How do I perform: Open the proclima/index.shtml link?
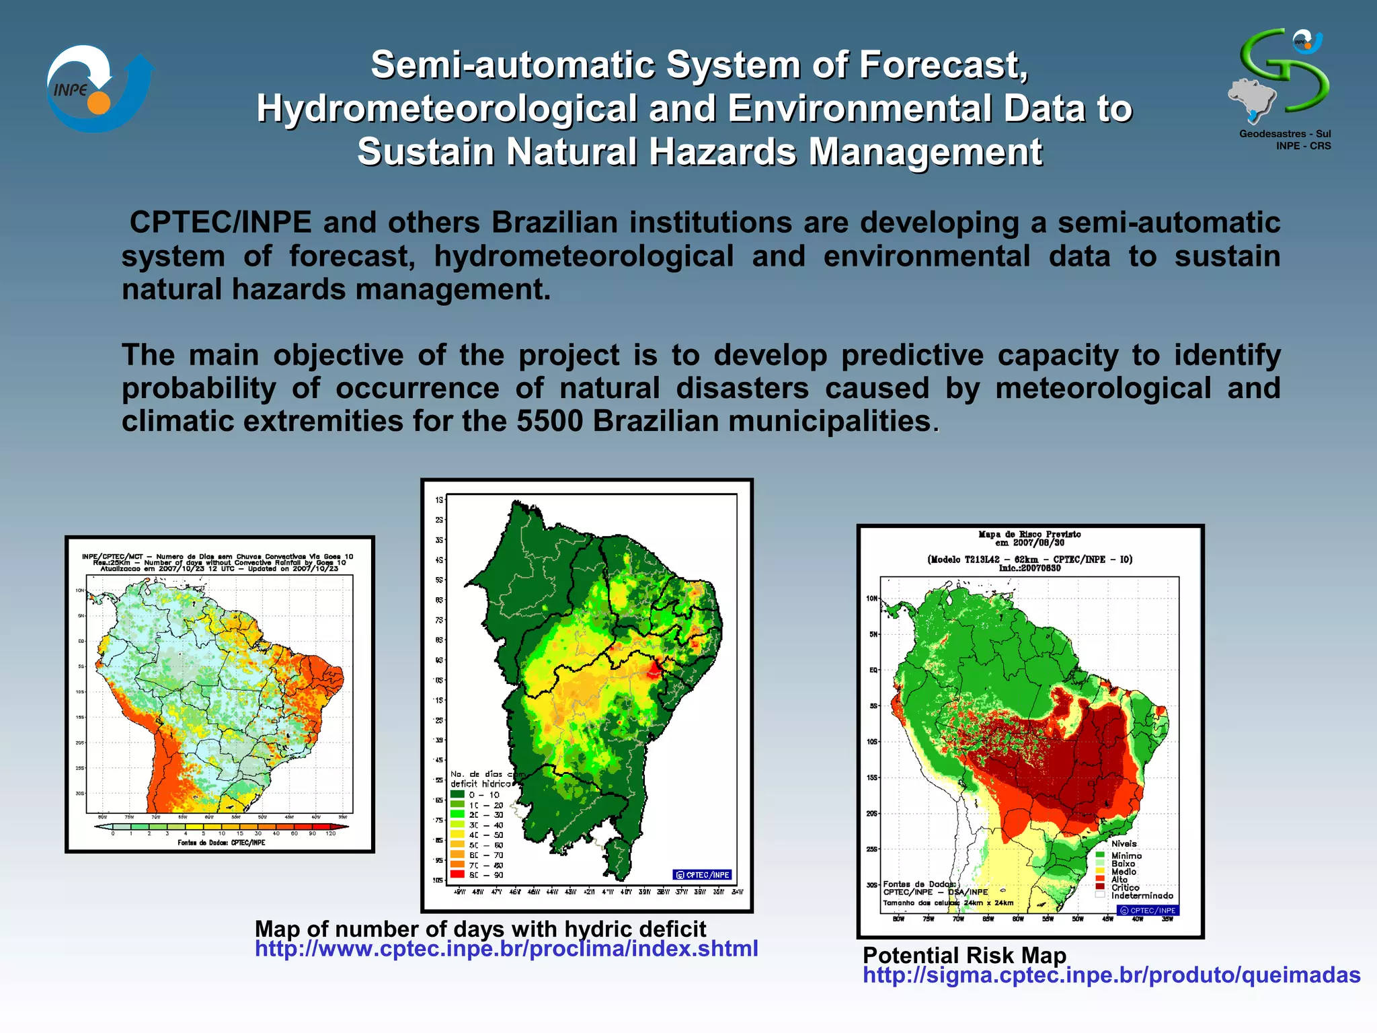(506, 949)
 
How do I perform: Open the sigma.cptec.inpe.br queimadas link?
(1111, 975)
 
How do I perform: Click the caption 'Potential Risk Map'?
(964, 956)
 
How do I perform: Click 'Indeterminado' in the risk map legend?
(1141, 896)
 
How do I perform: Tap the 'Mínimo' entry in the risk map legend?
(1126, 856)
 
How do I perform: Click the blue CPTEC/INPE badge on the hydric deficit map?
(703, 875)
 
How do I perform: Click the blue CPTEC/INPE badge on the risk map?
(1148, 911)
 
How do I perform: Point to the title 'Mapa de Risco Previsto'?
(1029, 535)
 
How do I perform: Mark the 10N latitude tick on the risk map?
(872, 599)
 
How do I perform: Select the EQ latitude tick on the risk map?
(873, 670)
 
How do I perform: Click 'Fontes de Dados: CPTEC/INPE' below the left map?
(221, 843)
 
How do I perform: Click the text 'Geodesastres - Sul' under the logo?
(1285, 134)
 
